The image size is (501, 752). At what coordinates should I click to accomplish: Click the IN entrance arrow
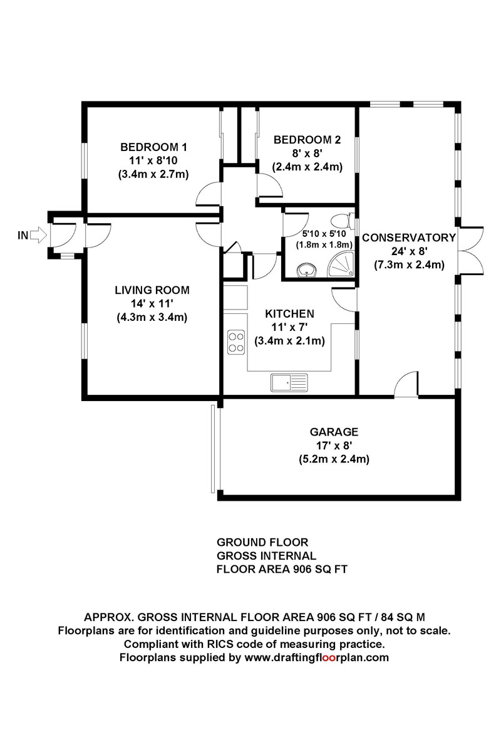pos(38,236)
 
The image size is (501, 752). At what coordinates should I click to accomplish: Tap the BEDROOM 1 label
pos(153,147)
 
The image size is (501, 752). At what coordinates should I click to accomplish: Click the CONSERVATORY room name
pos(408,238)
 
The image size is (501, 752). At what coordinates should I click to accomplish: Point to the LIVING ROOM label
pos(152,290)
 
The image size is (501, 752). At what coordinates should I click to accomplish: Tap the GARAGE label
pos(334,432)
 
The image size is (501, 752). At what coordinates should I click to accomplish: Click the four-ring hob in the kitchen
pos(236,342)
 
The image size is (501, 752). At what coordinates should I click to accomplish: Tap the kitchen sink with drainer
pos(289,380)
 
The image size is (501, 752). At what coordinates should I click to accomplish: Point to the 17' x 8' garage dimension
pos(334,446)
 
